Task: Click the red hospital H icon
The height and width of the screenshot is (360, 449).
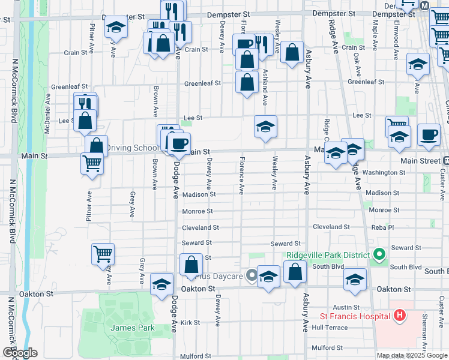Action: tap(400, 316)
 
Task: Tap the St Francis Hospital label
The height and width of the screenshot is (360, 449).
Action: tap(357, 316)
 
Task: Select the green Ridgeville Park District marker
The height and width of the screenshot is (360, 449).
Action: tap(378, 255)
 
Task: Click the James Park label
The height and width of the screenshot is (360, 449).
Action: tap(132, 328)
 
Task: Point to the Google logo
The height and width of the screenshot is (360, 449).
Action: tap(20, 353)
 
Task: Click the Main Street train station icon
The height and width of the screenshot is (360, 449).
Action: tap(447, 161)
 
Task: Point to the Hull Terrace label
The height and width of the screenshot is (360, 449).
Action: tap(330, 328)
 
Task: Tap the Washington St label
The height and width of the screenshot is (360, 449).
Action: tap(384, 173)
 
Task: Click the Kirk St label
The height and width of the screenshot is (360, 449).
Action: tap(190, 322)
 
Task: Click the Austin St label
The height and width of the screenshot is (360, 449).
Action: tap(346, 307)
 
